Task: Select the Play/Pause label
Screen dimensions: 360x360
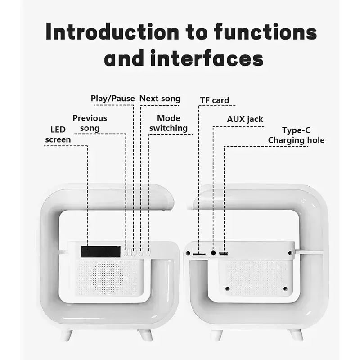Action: tap(112, 99)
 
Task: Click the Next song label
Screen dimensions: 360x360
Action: tap(160, 99)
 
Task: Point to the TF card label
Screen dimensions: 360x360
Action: tap(215, 100)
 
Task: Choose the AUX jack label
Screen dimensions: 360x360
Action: tap(245, 119)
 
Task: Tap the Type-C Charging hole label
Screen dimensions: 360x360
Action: tap(296, 135)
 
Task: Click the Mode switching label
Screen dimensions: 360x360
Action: tap(168, 123)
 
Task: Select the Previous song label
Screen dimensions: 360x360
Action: tap(90, 123)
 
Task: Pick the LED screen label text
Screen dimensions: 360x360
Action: tap(58, 135)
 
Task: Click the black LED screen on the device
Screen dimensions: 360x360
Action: tap(100, 251)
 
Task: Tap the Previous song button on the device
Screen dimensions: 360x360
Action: tap(126, 252)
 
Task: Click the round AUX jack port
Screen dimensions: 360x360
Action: tap(213, 253)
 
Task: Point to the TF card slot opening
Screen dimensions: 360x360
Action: tap(198, 254)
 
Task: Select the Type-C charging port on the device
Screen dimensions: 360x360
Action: tap(223, 254)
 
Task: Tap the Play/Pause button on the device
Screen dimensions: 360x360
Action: tap(134, 252)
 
